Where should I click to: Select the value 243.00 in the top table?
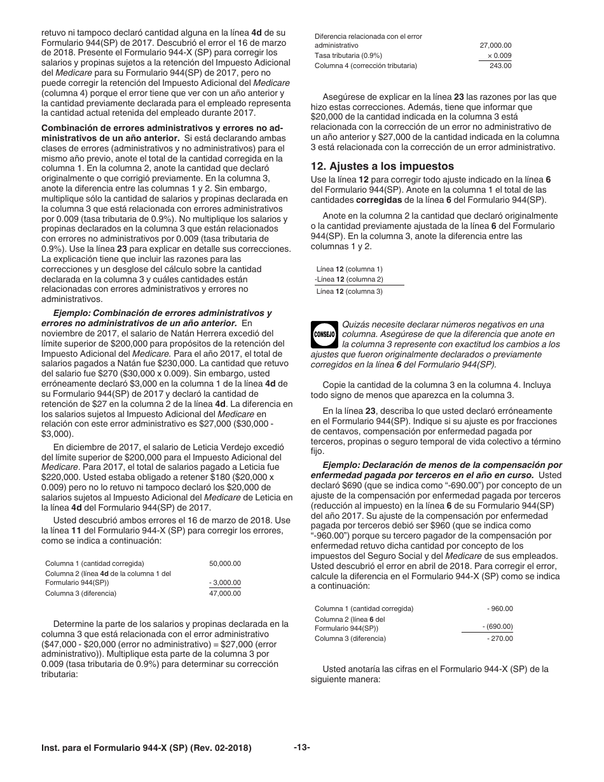point(500,66)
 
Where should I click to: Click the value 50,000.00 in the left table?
point(225,563)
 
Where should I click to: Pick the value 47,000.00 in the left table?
point(225,593)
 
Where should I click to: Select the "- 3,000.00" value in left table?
point(225,582)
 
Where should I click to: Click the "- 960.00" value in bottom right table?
point(500,608)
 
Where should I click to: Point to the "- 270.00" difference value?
point(500,638)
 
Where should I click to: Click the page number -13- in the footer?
point(301,748)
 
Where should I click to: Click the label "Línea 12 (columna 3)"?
point(349,291)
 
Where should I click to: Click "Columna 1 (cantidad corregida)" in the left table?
point(95,563)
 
